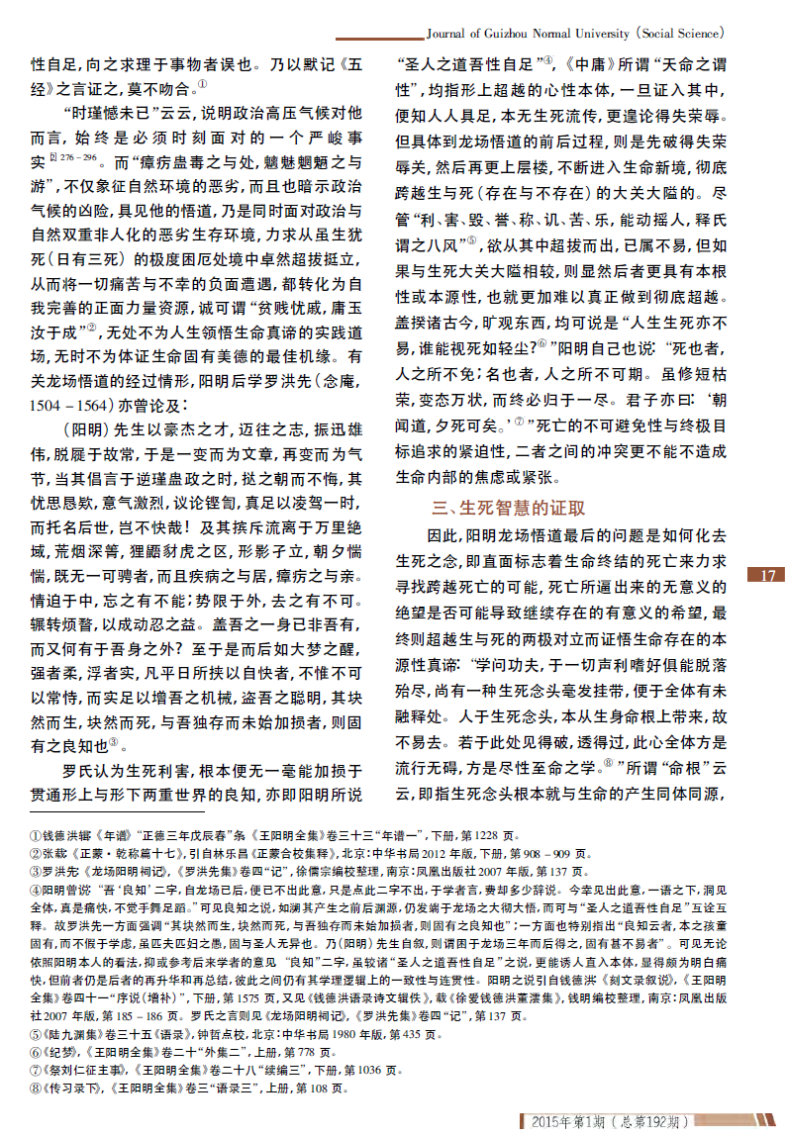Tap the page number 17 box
pyautogui.click(x=770, y=576)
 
